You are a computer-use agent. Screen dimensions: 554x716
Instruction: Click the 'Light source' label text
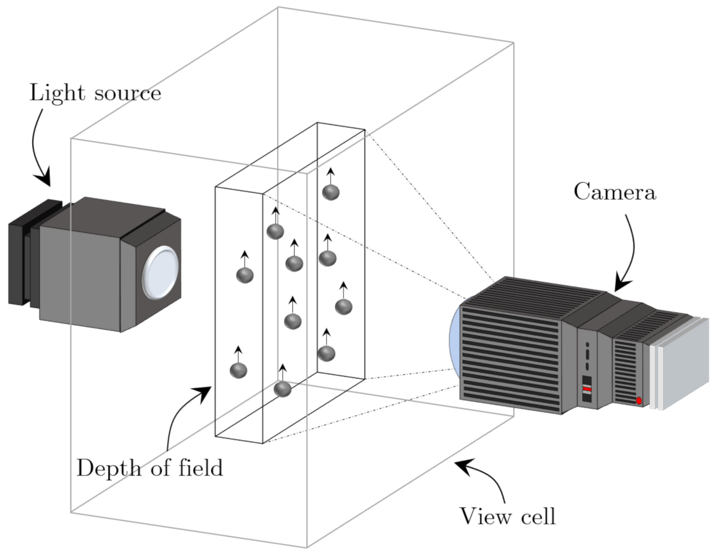[x=95, y=93]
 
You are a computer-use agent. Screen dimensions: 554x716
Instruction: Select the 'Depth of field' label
[x=150, y=468]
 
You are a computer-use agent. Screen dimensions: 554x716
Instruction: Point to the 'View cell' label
[x=508, y=516]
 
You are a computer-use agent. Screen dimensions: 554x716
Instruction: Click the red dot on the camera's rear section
[x=639, y=401]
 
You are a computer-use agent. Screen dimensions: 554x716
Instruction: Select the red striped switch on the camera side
[x=587, y=388]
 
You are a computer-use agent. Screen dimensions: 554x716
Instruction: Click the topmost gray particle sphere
[x=331, y=192]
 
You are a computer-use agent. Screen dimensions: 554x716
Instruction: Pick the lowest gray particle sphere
[x=282, y=389]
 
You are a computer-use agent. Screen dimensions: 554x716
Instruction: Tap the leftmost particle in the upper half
[x=245, y=275]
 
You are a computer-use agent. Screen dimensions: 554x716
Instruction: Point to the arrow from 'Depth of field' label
[x=180, y=413]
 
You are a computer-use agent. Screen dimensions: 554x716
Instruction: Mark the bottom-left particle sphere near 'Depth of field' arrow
[x=239, y=370]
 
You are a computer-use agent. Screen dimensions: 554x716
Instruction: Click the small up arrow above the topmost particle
[x=331, y=176]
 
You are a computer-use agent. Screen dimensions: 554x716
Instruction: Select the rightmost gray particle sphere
[x=343, y=306]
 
